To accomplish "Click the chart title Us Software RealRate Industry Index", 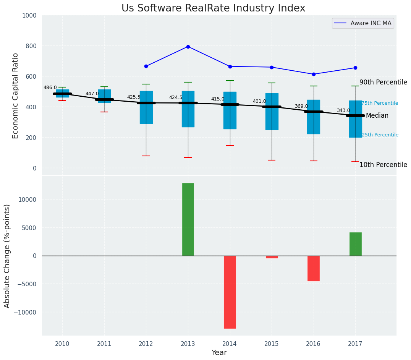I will click(213, 8).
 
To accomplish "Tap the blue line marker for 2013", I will click(188, 47).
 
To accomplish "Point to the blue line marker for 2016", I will click(314, 74).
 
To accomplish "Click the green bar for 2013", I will click(188, 219).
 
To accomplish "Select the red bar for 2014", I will click(230, 292).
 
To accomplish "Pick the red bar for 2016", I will click(314, 268).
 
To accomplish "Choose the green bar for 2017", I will click(355, 244).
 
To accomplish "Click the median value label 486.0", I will click(50, 88).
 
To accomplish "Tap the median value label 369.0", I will click(301, 106).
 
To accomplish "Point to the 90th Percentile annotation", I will click(383, 83).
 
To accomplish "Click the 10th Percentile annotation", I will click(383, 165).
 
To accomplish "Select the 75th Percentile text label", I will click(380, 103).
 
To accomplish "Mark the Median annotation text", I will click(377, 116).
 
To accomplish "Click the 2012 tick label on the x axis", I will click(146, 344).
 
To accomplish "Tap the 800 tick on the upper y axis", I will click(31, 46).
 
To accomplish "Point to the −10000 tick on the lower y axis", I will click(25, 312).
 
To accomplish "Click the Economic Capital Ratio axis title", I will click(16, 96).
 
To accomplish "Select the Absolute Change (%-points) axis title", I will click(7, 256).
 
